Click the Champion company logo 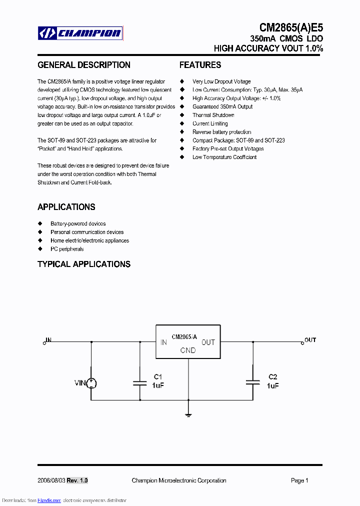[x=80, y=33]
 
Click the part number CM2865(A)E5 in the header [x=291, y=28]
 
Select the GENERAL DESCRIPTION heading [x=84, y=65]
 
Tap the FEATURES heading [x=200, y=65]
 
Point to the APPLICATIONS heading [x=66, y=207]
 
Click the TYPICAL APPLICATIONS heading [x=84, y=264]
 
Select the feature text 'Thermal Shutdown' [x=213, y=115]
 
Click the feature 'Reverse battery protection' [x=222, y=132]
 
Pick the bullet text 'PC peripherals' [x=67, y=249]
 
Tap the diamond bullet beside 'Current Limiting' [x=182, y=123]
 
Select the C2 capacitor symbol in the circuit [x=253, y=383]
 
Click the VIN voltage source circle [x=91, y=383]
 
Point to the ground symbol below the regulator [x=188, y=414]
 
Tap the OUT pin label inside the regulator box [x=208, y=342]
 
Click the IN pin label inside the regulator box [x=163, y=342]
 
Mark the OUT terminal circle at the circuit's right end [x=302, y=342]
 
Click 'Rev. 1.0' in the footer [x=77, y=480]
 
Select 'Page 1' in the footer [x=299, y=480]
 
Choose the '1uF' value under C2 [x=273, y=385]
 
